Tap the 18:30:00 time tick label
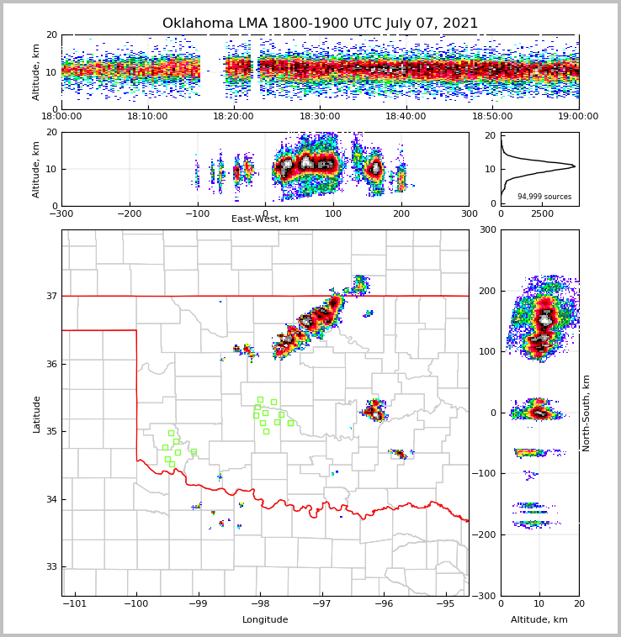tap(320, 117)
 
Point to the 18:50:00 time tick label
tap(492, 117)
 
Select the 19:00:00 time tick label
tap(578, 117)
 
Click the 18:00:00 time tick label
tap(61, 117)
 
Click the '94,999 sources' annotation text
tap(544, 197)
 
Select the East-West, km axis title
tap(265, 219)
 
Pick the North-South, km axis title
tap(586, 413)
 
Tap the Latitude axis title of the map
tap(36, 413)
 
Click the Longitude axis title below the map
tap(265, 620)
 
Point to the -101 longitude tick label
tap(75, 603)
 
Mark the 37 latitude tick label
tap(50, 296)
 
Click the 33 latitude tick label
tap(50, 566)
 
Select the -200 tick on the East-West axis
tap(129, 213)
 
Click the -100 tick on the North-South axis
tap(486, 474)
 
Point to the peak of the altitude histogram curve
tap(575, 166)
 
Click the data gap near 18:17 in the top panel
tap(212, 71)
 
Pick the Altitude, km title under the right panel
tap(539, 620)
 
